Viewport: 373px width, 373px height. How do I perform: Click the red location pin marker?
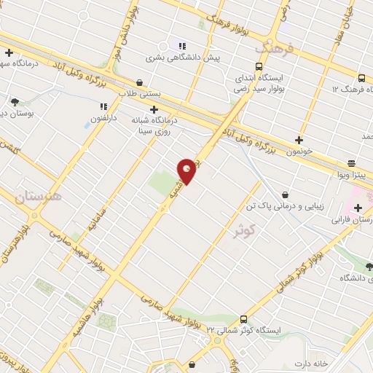pos(187,170)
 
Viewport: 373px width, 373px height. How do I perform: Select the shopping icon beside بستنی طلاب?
pos(139,83)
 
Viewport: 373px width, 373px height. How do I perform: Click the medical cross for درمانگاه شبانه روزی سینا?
pos(154,109)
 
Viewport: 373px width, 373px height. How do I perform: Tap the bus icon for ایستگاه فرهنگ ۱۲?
pos(362,78)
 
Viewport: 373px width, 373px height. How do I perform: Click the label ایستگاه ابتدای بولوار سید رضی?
pos(263,82)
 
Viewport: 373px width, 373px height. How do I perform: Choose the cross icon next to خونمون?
pos(299,140)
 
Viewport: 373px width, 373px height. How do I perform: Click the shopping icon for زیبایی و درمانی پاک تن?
pos(284,195)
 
